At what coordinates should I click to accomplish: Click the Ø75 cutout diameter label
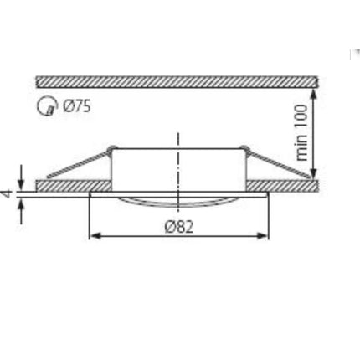[x=77, y=106]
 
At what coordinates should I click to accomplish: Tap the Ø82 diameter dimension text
[x=179, y=227]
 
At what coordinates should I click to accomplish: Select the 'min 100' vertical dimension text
[x=301, y=132]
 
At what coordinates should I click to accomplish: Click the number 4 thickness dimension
[x=8, y=193]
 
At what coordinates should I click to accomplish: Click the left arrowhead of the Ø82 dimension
[x=95, y=236]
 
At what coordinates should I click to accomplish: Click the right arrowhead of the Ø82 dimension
[x=262, y=236]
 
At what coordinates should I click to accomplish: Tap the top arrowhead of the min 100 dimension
[x=313, y=94]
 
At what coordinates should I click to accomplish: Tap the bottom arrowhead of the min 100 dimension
[x=313, y=173]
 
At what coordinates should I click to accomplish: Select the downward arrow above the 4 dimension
[x=21, y=177]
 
